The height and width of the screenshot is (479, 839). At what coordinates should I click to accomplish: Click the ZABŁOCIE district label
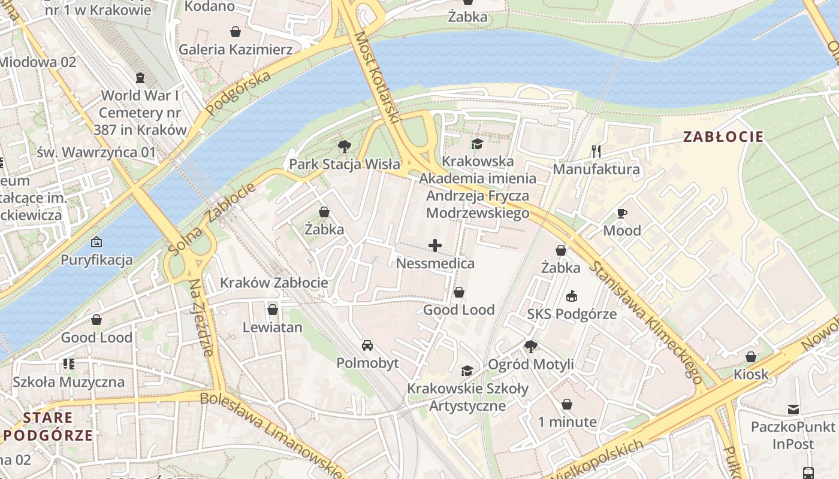point(723,137)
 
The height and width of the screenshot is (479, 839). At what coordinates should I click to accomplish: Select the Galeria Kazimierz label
point(236,49)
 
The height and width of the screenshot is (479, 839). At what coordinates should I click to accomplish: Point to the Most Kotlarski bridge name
point(376,78)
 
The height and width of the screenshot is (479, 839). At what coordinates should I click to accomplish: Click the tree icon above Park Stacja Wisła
point(344,146)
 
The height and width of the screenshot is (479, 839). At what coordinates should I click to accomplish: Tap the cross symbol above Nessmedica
point(435,245)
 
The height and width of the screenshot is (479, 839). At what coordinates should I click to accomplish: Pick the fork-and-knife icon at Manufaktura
point(596,151)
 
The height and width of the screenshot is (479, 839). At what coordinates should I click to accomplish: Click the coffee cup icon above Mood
point(621,213)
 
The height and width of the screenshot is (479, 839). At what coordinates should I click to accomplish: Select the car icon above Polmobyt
point(367,345)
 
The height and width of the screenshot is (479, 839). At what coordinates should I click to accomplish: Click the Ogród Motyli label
point(530,364)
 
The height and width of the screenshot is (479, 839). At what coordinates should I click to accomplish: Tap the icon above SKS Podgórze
point(572,296)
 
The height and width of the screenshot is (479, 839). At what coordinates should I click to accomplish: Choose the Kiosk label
point(751,374)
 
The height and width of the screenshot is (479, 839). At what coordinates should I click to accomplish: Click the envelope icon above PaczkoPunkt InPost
point(793,410)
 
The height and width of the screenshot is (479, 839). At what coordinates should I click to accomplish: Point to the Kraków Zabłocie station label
point(274,283)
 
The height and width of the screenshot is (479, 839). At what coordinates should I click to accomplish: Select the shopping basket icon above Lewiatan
point(273,310)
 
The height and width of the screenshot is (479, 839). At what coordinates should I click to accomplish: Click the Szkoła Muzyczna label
point(69,382)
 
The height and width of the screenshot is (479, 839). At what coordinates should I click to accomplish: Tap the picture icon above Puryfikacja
point(96,242)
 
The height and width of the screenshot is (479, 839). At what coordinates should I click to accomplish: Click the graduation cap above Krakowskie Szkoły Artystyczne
point(467,371)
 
